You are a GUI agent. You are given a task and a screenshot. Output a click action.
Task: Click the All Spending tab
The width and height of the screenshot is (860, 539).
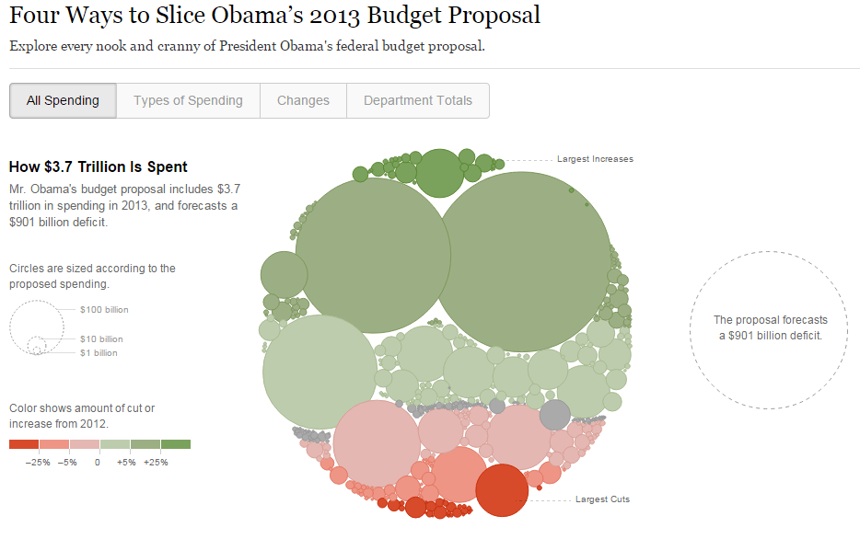click(63, 101)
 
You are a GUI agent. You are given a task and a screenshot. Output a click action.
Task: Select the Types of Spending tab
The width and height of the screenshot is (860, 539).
click(188, 101)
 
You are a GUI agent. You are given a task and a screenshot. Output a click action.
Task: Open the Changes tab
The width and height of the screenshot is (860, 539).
click(303, 101)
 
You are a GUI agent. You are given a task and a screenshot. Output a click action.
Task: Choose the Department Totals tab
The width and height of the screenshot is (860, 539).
click(417, 101)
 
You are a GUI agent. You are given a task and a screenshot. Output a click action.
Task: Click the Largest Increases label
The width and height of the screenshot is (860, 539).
click(595, 159)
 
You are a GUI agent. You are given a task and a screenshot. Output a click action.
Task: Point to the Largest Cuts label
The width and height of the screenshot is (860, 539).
click(602, 499)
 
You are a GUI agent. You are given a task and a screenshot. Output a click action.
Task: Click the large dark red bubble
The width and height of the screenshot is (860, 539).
click(502, 490)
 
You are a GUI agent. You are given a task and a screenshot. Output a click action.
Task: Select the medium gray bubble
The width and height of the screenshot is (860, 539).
click(554, 415)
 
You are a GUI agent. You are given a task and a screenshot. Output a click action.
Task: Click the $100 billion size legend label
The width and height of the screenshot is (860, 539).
click(103, 310)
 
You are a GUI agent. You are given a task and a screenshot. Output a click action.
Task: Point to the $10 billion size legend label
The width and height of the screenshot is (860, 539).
click(100, 339)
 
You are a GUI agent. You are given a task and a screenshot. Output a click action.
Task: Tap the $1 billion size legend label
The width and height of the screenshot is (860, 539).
click(99, 353)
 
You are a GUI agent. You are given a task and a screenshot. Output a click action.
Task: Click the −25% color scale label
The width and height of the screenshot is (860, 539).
click(38, 462)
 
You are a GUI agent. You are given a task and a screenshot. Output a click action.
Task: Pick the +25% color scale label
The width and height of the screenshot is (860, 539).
click(155, 462)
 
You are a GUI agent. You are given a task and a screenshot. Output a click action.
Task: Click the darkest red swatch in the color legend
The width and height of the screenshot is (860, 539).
click(24, 445)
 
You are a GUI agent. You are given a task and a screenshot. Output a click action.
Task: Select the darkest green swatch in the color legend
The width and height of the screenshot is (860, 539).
click(175, 445)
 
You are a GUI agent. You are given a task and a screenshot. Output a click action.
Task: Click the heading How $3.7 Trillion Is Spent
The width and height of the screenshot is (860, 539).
click(98, 166)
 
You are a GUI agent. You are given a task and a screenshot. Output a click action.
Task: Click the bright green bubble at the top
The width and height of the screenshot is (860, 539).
click(439, 172)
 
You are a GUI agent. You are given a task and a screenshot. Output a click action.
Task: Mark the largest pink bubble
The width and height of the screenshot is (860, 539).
click(377, 444)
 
